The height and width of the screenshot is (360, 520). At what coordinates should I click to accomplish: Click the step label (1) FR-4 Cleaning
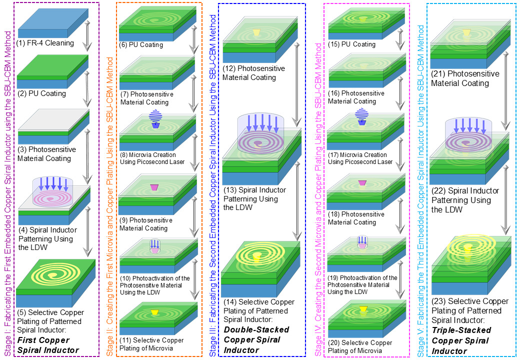[45, 43]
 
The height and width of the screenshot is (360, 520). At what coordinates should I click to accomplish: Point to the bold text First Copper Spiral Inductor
[48, 345]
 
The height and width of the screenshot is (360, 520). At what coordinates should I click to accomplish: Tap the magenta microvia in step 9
[154, 187]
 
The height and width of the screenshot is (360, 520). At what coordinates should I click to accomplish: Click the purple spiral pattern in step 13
[257, 143]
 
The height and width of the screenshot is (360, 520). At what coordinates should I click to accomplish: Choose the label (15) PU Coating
[351, 44]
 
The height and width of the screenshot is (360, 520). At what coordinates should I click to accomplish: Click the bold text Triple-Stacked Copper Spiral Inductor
[461, 340]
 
